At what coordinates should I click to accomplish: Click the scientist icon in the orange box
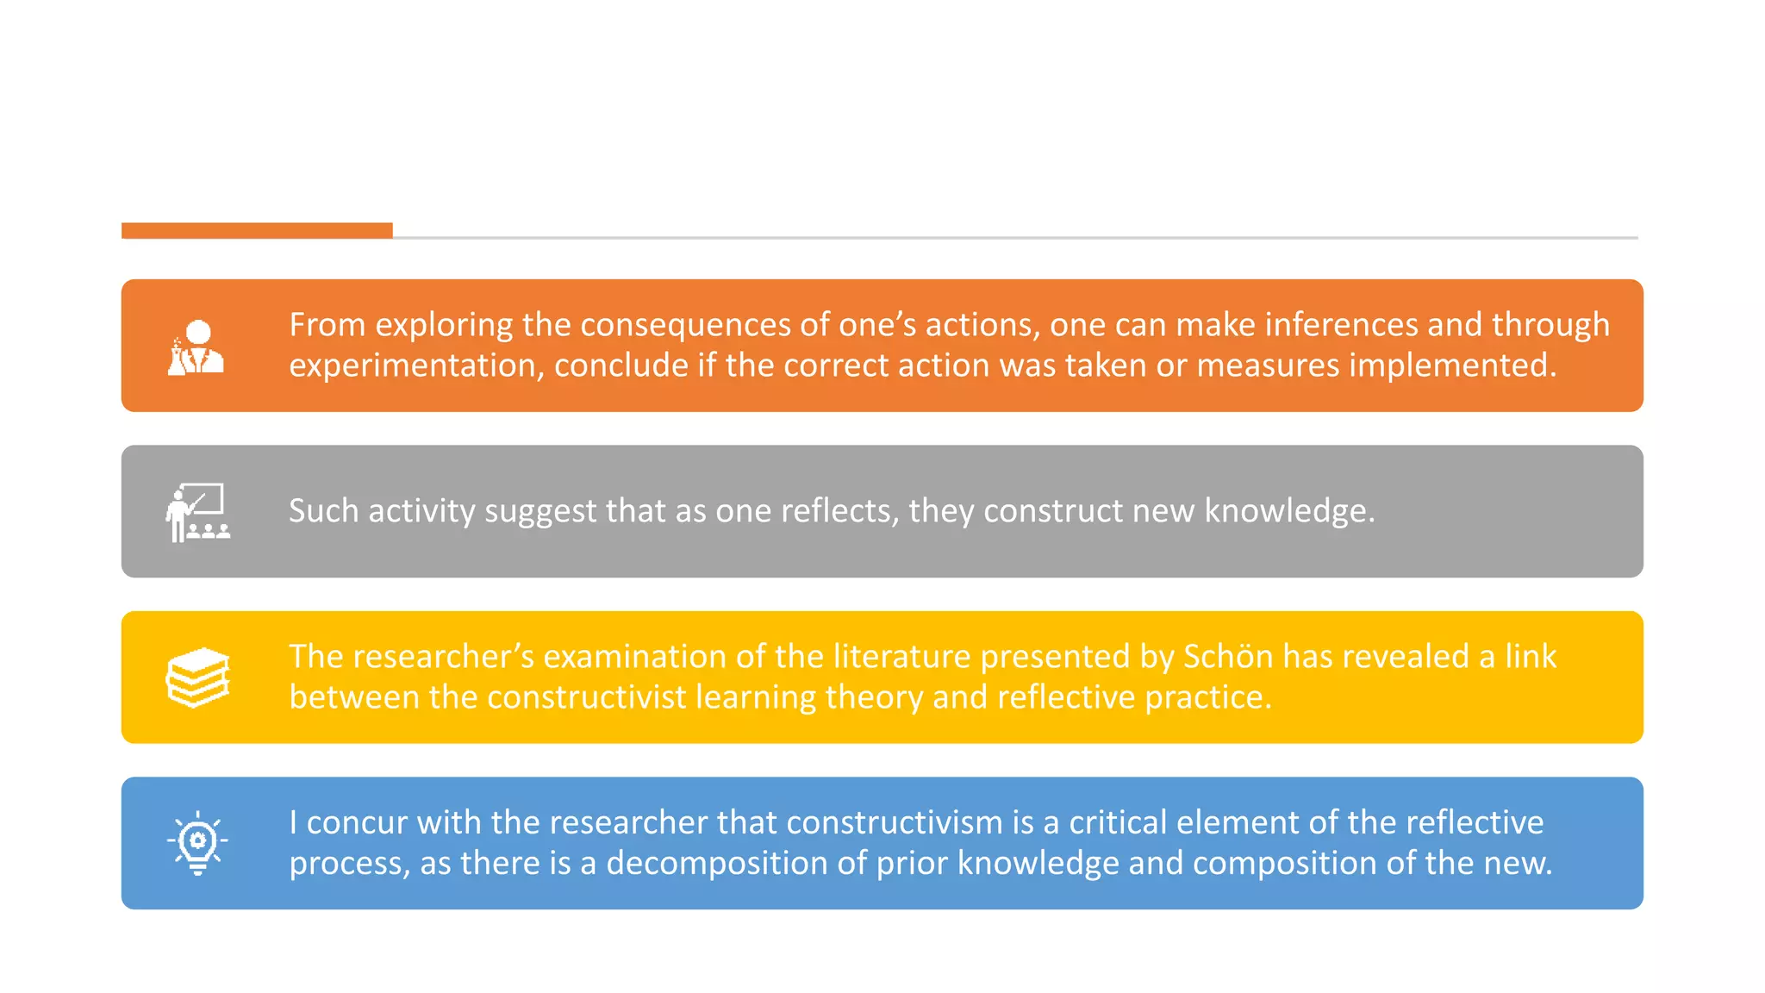click(196, 347)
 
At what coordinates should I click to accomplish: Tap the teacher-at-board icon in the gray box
click(198, 512)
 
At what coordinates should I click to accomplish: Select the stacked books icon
click(198, 678)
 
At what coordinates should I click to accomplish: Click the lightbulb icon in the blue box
click(197, 843)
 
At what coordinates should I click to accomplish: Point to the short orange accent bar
click(257, 230)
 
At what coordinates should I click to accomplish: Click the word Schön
click(1227, 657)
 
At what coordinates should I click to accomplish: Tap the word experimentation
click(416, 366)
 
